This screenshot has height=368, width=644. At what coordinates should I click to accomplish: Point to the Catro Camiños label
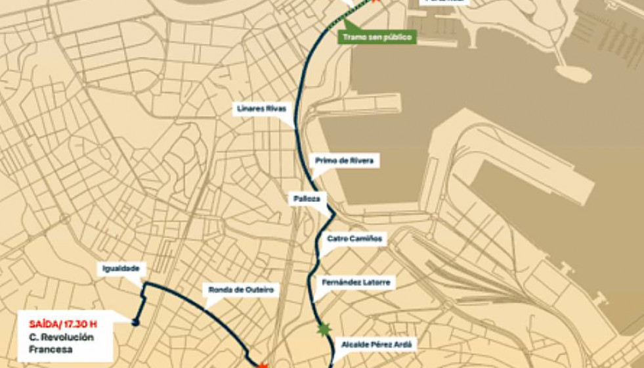[354, 239]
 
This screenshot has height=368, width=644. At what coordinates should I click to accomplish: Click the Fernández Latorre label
[356, 283]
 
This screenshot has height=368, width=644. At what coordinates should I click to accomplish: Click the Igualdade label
[121, 269]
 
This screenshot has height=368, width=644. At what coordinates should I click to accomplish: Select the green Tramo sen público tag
[377, 37]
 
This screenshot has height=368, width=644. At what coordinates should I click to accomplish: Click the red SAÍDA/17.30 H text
[63, 323]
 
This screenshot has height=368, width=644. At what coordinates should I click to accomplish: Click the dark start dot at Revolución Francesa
[135, 322]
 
